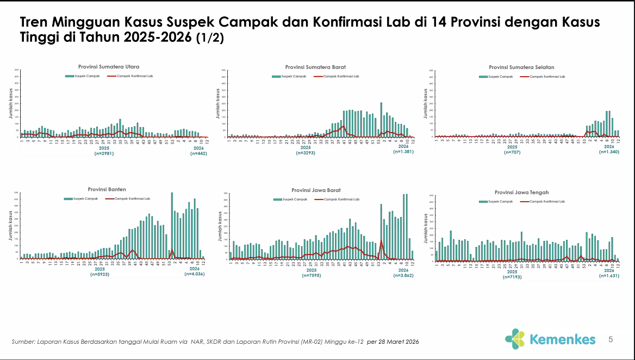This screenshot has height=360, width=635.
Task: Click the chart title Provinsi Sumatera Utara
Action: [109, 66]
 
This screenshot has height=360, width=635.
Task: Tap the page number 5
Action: [611, 339]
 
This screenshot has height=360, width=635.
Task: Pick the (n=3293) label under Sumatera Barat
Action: [306, 153]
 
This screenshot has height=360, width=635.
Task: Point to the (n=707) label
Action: [512, 153]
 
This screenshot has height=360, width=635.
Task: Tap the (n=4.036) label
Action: [194, 275]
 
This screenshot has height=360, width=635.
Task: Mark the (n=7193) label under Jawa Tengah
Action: [513, 277]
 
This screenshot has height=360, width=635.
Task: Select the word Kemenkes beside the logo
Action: [562, 339]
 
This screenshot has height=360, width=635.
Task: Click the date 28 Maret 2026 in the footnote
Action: [399, 342]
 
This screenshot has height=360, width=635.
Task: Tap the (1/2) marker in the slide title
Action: [210, 39]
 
